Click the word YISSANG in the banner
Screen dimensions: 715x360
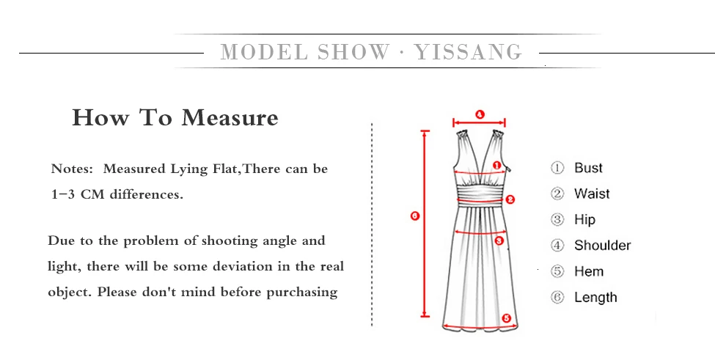(x=469, y=52)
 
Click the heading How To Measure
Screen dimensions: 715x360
(x=175, y=117)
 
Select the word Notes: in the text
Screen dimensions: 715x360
(x=73, y=169)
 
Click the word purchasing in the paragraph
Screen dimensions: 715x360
(x=301, y=292)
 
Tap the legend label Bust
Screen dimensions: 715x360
(x=588, y=168)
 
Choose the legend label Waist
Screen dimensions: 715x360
(x=592, y=194)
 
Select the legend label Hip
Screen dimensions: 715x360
(x=584, y=219)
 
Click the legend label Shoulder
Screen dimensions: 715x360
(x=602, y=246)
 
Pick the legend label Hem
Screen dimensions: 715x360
(x=589, y=271)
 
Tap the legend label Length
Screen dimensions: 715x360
(x=595, y=297)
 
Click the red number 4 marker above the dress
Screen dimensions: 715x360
(x=480, y=114)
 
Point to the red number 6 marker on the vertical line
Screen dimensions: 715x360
(x=415, y=216)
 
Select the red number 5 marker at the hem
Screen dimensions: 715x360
(x=506, y=317)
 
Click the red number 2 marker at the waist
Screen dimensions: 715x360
(x=510, y=199)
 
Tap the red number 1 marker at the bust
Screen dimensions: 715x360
(x=496, y=166)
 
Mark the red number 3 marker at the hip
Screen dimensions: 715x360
(x=499, y=240)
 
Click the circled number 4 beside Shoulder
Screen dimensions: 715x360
(x=557, y=246)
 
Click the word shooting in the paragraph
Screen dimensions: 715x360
(x=215, y=240)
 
